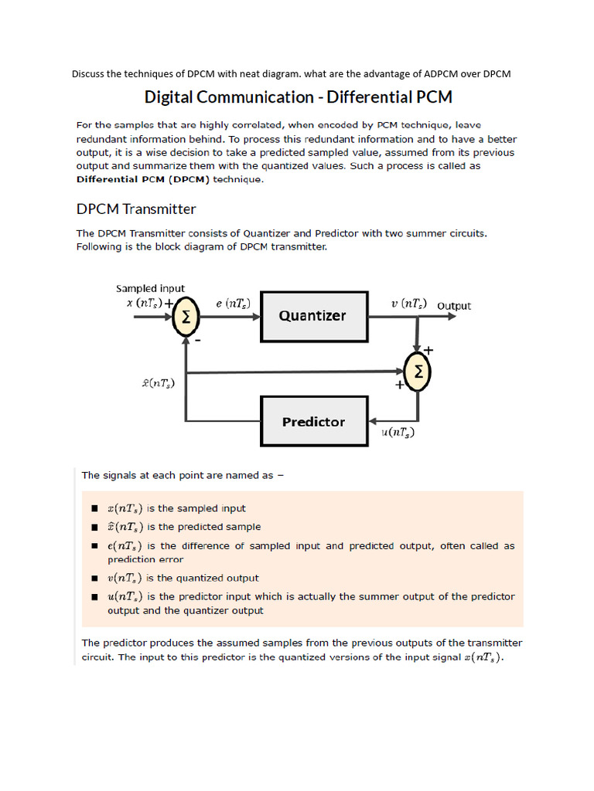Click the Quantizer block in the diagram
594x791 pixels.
[x=313, y=316]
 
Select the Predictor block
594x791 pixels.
[x=313, y=422]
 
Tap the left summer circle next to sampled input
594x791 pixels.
[x=186, y=317]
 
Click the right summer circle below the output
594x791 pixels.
[x=418, y=372]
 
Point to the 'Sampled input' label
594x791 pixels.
[x=150, y=288]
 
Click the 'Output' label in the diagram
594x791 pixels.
[x=454, y=306]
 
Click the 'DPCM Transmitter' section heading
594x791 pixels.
[x=136, y=209]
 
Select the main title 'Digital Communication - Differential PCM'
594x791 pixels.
[x=298, y=97]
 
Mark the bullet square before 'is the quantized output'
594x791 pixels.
[x=94, y=579]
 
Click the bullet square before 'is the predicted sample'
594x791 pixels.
[x=94, y=528]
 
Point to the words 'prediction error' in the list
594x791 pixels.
[x=145, y=559]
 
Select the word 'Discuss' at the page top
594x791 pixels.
[x=88, y=74]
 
